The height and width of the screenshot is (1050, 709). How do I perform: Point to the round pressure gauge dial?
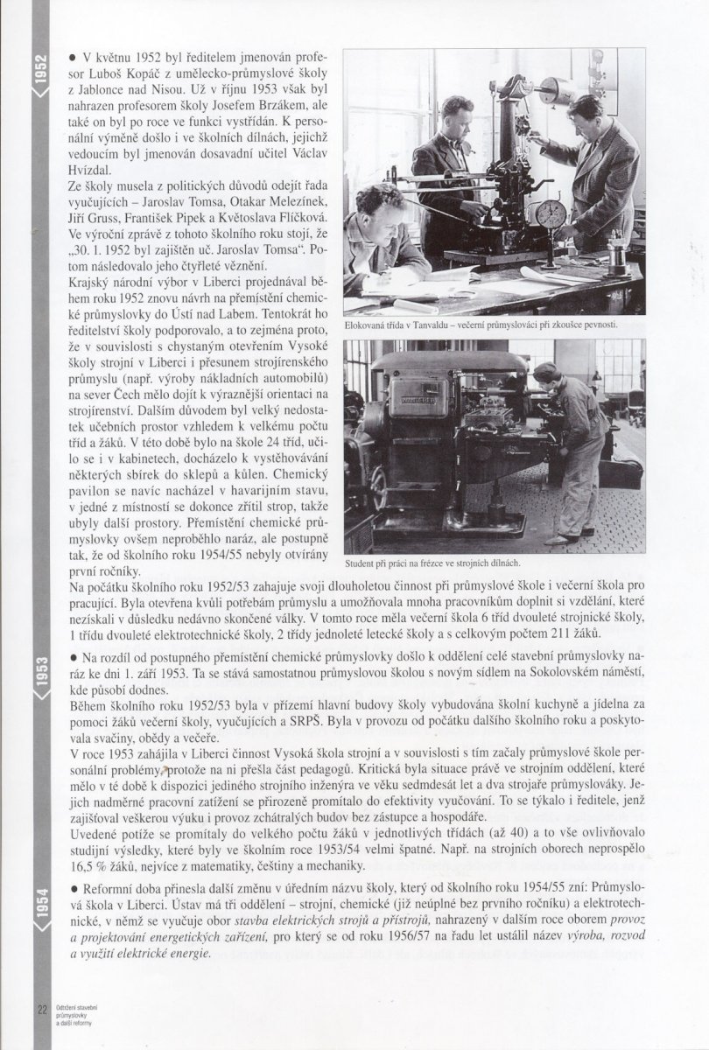click(x=551, y=214)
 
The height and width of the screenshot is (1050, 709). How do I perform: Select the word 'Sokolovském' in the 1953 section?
click(x=555, y=671)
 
